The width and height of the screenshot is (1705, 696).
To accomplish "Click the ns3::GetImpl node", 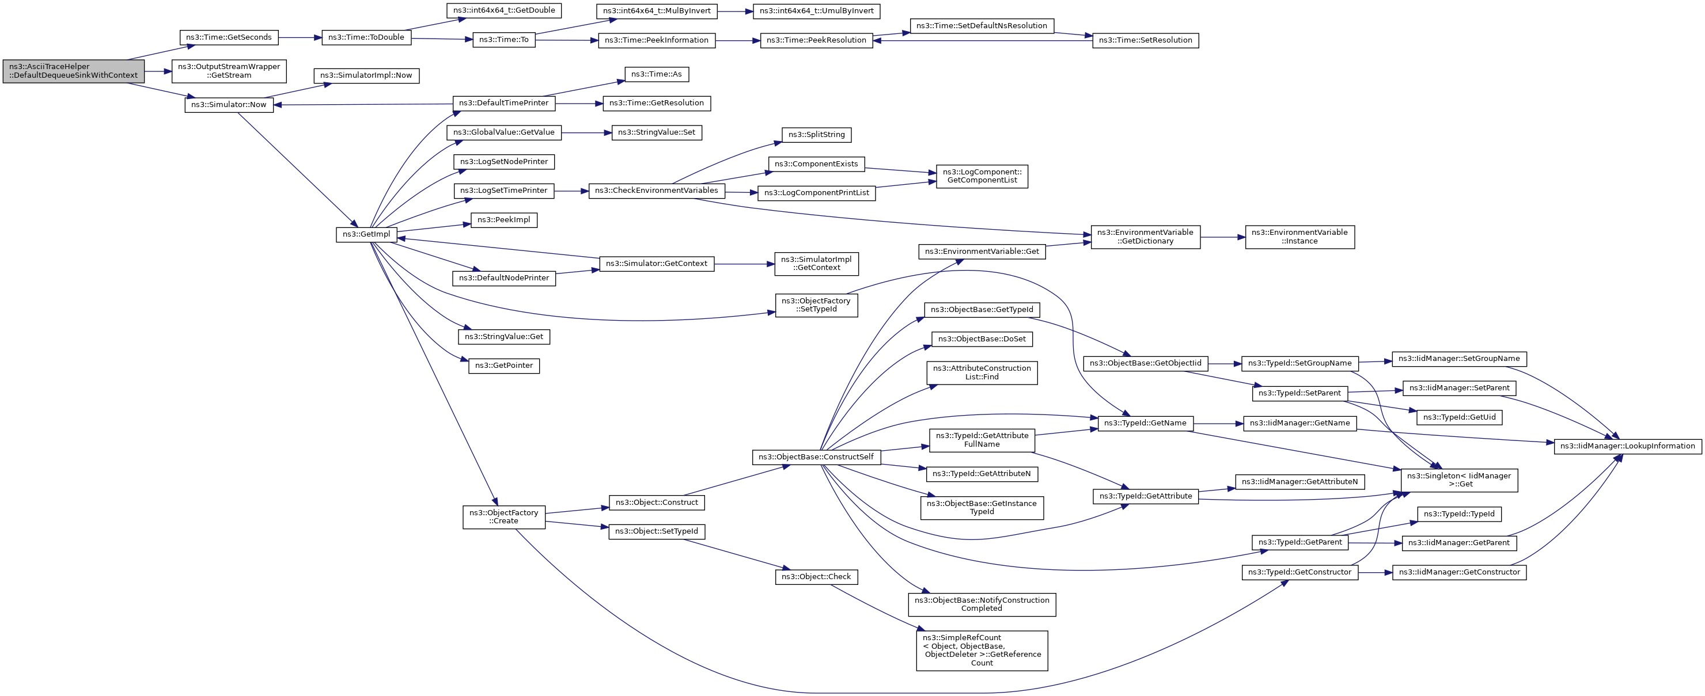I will click(x=366, y=234).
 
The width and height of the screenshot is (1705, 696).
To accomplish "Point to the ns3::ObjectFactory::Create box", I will click(x=503, y=517).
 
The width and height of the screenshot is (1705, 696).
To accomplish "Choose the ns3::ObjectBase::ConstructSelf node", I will click(x=816, y=457).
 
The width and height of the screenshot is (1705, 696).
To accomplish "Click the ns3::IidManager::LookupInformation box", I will click(x=1627, y=446).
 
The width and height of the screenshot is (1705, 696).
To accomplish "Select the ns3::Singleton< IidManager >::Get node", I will click(x=1459, y=480).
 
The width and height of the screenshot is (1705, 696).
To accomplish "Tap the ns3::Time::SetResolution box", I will click(x=1145, y=40).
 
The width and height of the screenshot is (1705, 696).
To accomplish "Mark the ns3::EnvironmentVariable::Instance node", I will click(x=1299, y=237).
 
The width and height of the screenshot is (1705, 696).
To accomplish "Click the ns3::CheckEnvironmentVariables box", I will click(x=656, y=191).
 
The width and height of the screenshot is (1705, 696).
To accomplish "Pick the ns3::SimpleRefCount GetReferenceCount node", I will click(x=982, y=651).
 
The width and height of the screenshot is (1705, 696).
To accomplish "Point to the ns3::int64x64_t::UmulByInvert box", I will click(x=816, y=12).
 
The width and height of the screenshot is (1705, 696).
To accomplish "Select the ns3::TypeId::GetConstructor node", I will click(x=1299, y=572).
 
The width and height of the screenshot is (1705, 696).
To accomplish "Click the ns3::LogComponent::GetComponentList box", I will click(x=982, y=176).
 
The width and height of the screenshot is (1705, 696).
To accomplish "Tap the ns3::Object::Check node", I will click(x=816, y=577).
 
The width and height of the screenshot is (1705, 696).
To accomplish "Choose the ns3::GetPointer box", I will click(x=503, y=366).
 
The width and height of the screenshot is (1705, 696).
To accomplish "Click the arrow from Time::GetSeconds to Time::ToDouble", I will click(x=299, y=38).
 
